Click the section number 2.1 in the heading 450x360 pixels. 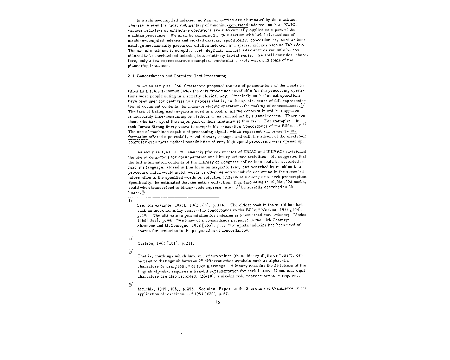131,76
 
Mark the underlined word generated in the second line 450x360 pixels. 239,25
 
